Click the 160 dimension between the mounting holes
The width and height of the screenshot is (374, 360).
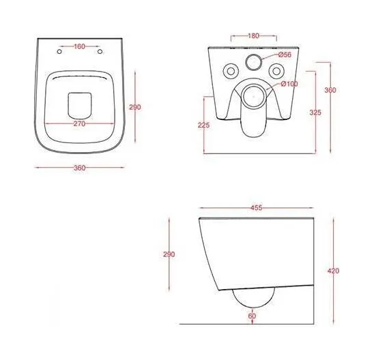pyautogui.click(x=80, y=46)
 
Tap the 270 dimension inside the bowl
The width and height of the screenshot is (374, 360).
pyautogui.click(x=80, y=123)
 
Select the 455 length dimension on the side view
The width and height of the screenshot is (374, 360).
pyautogui.click(x=257, y=208)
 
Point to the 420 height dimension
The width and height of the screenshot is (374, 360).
pyautogui.click(x=333, y=271)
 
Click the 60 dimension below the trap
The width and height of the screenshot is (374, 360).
pyautogui.click(x=252, y=316)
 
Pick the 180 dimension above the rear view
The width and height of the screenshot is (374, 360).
pyautogui.click(x=253, y=35)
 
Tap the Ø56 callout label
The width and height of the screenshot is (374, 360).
pyautogui.click(x=285, y=55)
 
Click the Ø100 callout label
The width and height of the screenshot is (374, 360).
pyautogui.click(x=289, y=84)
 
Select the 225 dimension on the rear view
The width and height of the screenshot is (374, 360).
pyautogui.click(x=203, y=125)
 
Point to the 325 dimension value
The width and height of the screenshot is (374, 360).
pyautogui.click(x=315, y=112)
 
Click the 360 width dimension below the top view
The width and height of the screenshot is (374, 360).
pyautogui.click(x=80, y=168)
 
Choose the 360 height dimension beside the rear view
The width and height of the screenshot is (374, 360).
pyautogui.click(x=330, y=90)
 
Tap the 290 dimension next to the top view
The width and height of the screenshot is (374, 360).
pyautogui.click(x=135, y=107)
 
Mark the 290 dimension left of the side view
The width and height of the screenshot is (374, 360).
pyautogui.click(x=169, y=254)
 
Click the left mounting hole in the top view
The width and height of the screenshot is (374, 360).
pyautogui.click(x=59, y=51)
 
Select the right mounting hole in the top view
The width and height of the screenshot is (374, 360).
pyautogui.click(x=100, y=51)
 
